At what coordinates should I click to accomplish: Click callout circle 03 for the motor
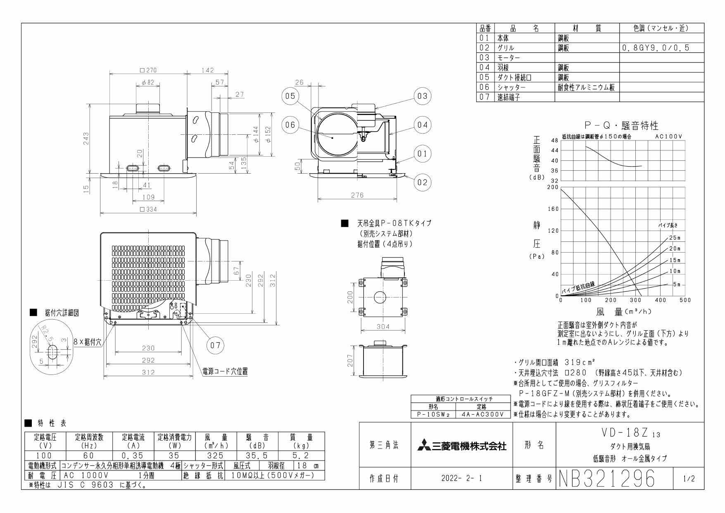pos(422,96)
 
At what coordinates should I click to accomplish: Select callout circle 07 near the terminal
pos(215,345)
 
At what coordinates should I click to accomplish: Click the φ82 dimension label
pos(147,83)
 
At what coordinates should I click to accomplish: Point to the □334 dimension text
pos(148,210)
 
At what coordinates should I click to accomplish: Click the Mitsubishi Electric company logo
pos(461,446)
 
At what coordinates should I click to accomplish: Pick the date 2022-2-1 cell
pos(461,479)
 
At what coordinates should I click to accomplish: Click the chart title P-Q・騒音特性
pos(621,126)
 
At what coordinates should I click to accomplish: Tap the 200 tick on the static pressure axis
pos(552,187)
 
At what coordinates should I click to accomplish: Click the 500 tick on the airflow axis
pos(685,300)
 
